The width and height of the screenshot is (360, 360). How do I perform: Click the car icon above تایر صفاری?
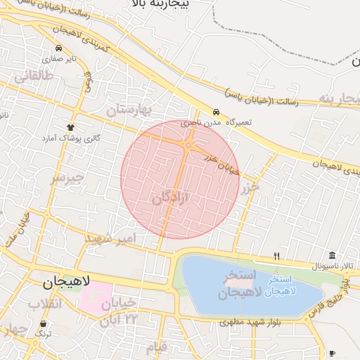pyautogui.click(x=58, y=49)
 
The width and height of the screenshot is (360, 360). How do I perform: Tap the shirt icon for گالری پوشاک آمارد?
pyautogui.click(x=70, y=127)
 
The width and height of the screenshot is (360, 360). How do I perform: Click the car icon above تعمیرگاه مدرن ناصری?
pyautogui.click(x=216, y=112)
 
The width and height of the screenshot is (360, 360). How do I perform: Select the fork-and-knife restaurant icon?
pyautogui.click(x=276, y=256)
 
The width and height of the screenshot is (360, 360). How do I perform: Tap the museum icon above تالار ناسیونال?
pyautogui.click(x=332, y=255)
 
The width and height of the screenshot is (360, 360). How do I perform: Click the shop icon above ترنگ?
pyautogui.click(x=44, y=324)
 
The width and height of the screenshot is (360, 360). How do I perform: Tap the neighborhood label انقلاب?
pyautogui.click(x=44, y=304)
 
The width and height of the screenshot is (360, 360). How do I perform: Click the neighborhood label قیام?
pyautogui.click(x=157, y=347)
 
